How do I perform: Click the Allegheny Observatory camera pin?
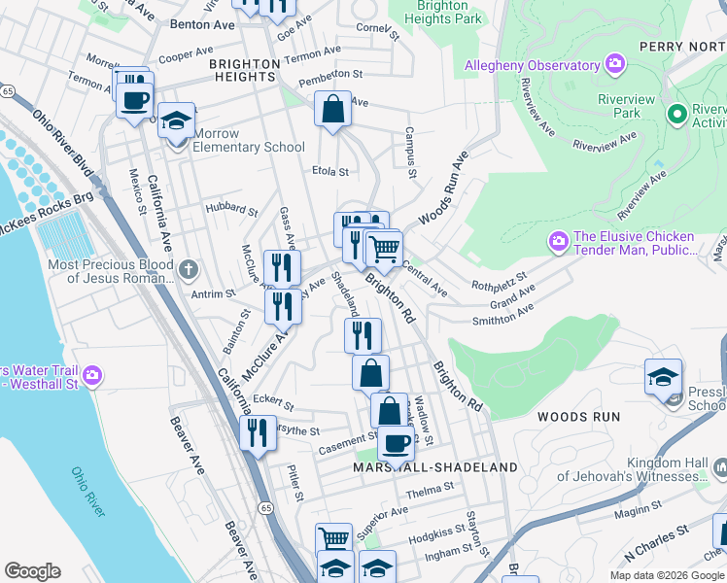click(613, 65)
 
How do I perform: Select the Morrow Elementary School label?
click(250, 140)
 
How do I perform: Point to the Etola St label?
click(329, 172)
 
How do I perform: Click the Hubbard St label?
click(230, 209)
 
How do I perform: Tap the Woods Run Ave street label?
click(443, 189)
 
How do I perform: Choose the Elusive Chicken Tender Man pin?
click(558, 238)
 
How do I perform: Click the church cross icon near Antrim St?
click(189, 267)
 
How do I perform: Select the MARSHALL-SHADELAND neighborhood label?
click(435, 467)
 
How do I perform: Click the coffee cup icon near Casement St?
click(395, 442)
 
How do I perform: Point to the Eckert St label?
click(273, 400)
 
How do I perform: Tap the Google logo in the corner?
click(33, 571)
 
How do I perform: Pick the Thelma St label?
click(424, 493)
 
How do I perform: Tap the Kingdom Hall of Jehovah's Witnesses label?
click(653, 469)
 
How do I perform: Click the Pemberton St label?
click(330, 74)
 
